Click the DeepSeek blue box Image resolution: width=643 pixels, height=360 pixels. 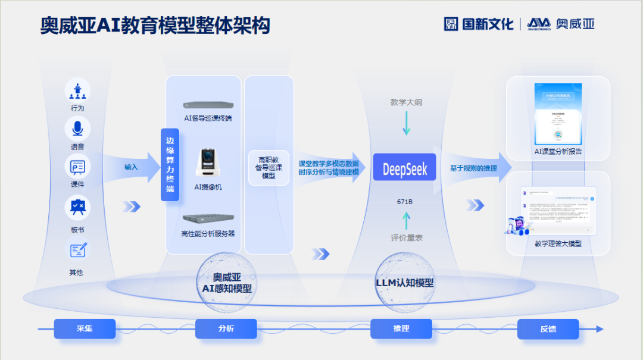tap(405, 170)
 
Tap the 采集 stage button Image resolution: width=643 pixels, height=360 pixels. tap(85, 328)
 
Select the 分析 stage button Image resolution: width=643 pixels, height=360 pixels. tap(226, 328)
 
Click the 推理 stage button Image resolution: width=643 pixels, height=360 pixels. tap(401, 328)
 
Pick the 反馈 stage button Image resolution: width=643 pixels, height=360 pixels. tap(548, 328)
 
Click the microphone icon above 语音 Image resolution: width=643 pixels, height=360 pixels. tap(77, 129)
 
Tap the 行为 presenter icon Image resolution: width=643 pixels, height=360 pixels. tap(77, 90)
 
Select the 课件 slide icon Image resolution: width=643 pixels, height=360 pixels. tap(77, 166)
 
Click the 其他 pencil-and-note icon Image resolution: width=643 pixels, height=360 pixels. tap(77, 249)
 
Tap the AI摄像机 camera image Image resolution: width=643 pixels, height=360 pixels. tap(208, 162)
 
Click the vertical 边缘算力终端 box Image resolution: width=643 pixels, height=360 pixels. tap(170, 164)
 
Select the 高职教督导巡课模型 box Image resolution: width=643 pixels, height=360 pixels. tap(269, 168)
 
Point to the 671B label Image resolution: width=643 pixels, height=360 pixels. tap(405, 202)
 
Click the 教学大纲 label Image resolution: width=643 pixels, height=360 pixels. tap(406, 102)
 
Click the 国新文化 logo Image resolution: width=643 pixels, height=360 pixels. tap(479, 24)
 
